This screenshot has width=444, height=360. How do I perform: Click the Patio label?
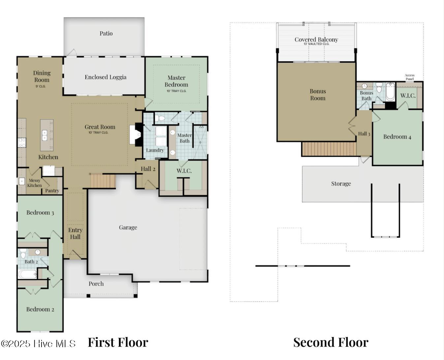coord(106,33)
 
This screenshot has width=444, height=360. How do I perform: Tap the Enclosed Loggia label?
coord(105,77)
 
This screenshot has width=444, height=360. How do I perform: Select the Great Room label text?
coord(100,127)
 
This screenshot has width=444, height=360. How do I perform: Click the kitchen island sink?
coord(45,135)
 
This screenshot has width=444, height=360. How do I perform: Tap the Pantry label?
coord(52,191)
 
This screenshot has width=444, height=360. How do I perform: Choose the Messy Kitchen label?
coord(34,183)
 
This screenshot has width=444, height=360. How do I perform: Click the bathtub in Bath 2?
coord(27,274)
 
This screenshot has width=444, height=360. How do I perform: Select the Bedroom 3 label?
coord(40,213)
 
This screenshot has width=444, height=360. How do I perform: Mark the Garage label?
coord(128,227)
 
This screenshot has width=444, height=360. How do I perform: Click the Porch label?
coord(96,284)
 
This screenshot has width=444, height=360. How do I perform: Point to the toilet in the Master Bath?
coord(161,118)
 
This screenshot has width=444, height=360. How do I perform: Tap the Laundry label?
coord(155,150)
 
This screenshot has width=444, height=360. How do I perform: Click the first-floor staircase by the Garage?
coord(103,181)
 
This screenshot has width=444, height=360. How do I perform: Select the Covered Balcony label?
coord(316,40)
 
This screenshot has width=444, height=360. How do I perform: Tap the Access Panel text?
coord(409,77)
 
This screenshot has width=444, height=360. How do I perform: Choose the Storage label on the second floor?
coord(341,184)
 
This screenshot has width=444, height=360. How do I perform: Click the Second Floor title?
coord(331,343)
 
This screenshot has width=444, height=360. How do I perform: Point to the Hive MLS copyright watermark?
coord(38,344)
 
